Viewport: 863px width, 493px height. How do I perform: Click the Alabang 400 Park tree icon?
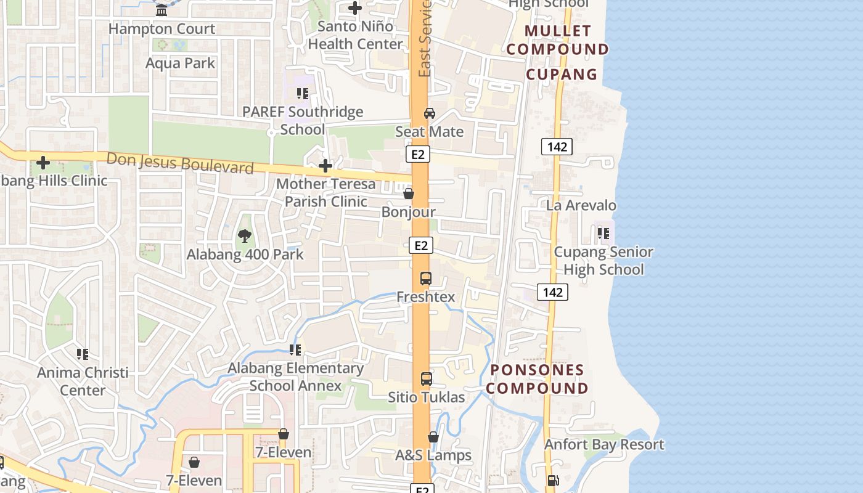tap(245, 235)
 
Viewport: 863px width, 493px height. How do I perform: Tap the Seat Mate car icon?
tap(430, 113)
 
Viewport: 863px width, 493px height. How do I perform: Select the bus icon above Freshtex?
tap(426, 278)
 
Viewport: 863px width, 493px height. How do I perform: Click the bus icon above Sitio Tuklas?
tap(427, 378)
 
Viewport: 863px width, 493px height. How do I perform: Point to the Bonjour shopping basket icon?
tap(408, 194)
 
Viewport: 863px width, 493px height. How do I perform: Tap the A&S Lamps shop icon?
tap(433, 437)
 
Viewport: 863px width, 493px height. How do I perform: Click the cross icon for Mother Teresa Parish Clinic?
tap(325, 165)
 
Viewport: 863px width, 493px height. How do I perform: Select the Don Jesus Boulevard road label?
tap(180, 163)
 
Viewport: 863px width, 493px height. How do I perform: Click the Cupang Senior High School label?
tap(603, 261)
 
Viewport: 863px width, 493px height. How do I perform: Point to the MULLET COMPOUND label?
tap(558, 39)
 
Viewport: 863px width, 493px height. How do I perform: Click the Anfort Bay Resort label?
tap(604, 444)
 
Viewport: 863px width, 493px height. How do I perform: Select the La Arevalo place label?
tap(581, 205)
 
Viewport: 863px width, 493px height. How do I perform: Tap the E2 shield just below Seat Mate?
tap(418, 154)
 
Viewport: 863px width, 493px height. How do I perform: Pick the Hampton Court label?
tap(162, 29)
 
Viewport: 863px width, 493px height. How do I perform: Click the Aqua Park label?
tap(181, 63)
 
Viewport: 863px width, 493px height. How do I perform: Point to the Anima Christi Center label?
tap(83, 381)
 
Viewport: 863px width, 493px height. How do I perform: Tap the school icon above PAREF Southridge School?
tap(302, 94)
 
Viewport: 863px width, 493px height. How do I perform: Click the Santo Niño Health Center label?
tap(355, 35)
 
